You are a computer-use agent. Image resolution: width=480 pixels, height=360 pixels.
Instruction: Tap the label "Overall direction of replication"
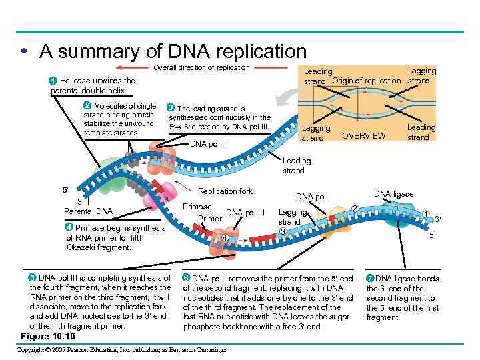pyautogui.click(x=201, y=67)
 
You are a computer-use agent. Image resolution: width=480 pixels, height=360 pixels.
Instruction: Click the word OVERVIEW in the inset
pyautogui.click(x=363, y=135)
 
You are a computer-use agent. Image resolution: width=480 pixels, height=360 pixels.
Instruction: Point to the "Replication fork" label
pyautogui.click(x=225, y=191)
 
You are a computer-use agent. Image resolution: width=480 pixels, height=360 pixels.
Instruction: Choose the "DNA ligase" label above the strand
pyautogui.click(x=393, y=194)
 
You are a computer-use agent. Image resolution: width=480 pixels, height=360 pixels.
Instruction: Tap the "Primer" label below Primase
pyautogui.click(x=210, y=218)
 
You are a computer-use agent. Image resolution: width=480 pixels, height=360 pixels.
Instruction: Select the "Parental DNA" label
pyautogui.click(x=87, y=211)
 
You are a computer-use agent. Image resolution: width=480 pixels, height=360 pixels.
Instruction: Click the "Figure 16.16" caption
pyautogui.click(x=48, y=335)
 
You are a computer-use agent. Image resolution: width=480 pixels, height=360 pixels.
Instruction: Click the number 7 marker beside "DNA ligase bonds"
pyautogui.click(x=370, y=278)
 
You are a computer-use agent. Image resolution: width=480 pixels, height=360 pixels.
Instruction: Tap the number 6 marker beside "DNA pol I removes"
pyautogui.click(x=187, y=278)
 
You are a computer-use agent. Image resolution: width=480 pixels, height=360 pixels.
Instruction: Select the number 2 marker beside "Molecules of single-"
pyautogui.click(x=87, y=106)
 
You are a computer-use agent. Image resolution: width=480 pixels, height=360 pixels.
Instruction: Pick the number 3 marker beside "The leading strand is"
pyautogui.click(x=171, y=108)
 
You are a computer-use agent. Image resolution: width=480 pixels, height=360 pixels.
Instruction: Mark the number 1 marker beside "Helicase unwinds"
pyautogui.click(x=53, y=81)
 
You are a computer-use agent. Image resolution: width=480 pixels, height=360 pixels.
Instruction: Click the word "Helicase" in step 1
pyautogui.click(x=75, y=81)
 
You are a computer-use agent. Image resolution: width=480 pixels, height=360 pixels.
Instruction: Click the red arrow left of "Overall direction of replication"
pyautogui.click(x=131, y=67)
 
